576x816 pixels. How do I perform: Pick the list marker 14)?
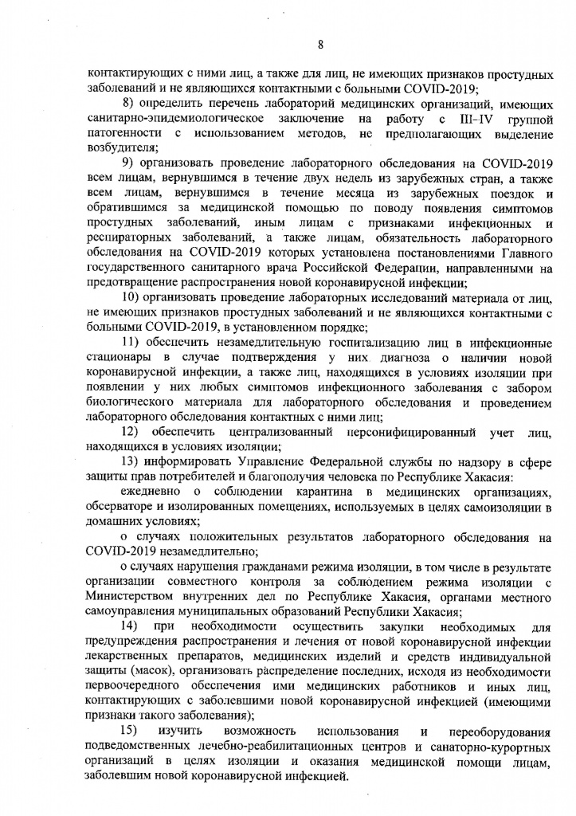pos(131,626)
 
